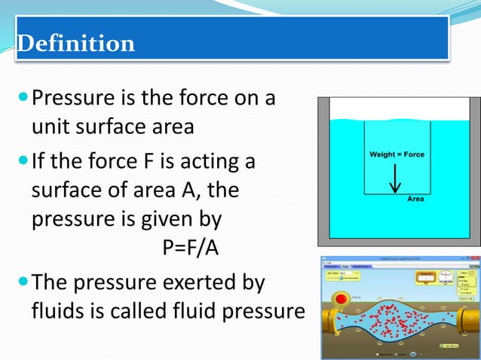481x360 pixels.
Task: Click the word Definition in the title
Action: (75, 43)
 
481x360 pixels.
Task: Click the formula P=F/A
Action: (191, 248)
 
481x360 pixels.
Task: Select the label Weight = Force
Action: (397, 154)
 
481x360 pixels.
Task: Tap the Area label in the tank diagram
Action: (415, 199)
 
